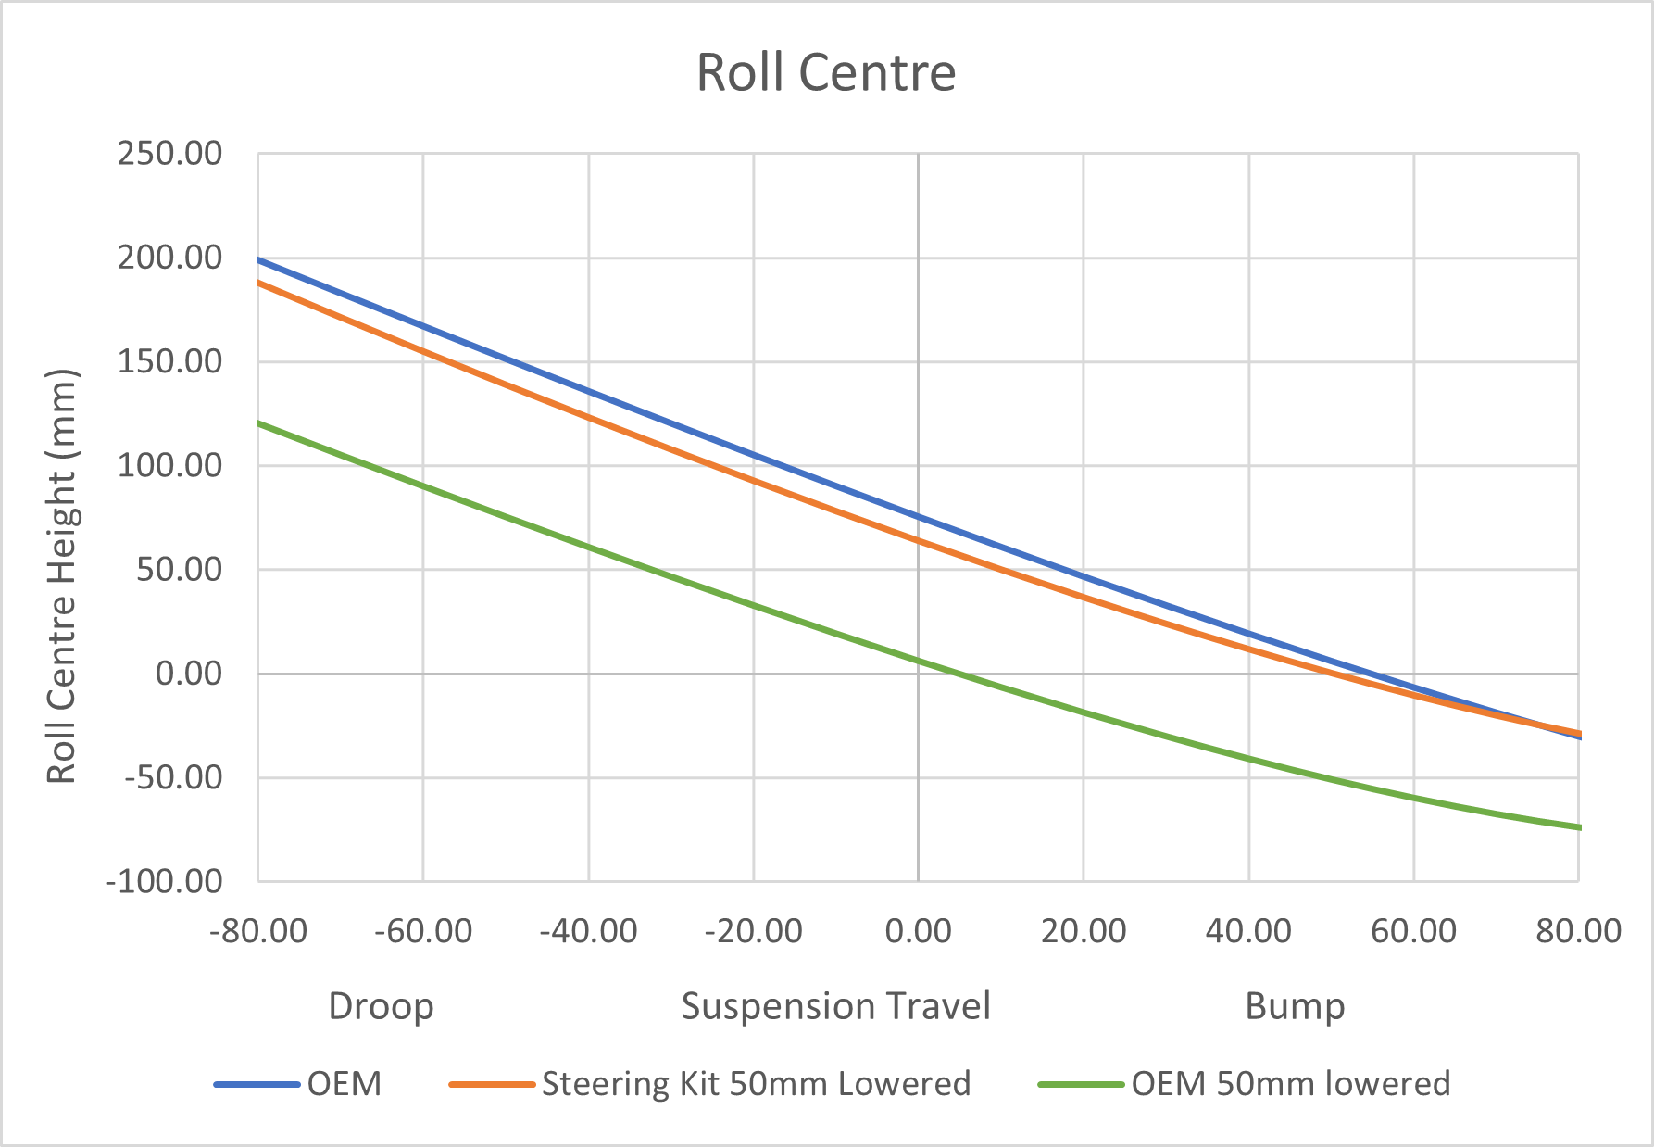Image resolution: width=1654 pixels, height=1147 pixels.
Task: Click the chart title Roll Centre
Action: [x=826, y=72]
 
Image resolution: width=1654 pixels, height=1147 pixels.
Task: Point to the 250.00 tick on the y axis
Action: [x=169, y=154]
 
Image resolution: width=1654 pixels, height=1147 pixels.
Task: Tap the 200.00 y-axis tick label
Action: [x=169, y=258]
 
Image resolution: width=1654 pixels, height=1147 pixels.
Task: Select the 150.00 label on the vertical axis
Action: [x=169, y=361]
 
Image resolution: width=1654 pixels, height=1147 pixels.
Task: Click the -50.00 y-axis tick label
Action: [x=173, y=777]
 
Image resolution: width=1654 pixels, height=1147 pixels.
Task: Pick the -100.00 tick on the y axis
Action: [x=165, y=881]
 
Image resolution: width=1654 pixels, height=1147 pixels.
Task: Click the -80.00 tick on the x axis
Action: [x=258, y=930]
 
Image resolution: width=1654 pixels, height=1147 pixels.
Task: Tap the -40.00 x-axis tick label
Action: [x=589, y=930]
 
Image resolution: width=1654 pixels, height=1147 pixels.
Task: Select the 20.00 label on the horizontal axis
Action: [x=1084, y=930]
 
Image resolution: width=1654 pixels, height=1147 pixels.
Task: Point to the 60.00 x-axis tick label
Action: [x=1413, y=930]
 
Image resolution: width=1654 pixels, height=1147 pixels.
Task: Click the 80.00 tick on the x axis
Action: [x=1578, y=930]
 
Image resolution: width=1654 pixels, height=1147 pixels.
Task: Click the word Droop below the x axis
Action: [x=381, y=1006]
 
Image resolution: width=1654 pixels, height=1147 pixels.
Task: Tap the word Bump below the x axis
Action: [x=1295, y=1006]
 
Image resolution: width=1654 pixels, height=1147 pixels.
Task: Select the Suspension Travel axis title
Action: [x=835, y=1006]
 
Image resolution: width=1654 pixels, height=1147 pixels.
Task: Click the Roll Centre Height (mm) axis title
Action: [x=62, y=576]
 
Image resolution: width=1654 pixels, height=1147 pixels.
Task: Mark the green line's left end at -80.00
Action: [x=259, y=423]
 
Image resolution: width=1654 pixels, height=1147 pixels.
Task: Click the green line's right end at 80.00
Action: [x=1577, y=826]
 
